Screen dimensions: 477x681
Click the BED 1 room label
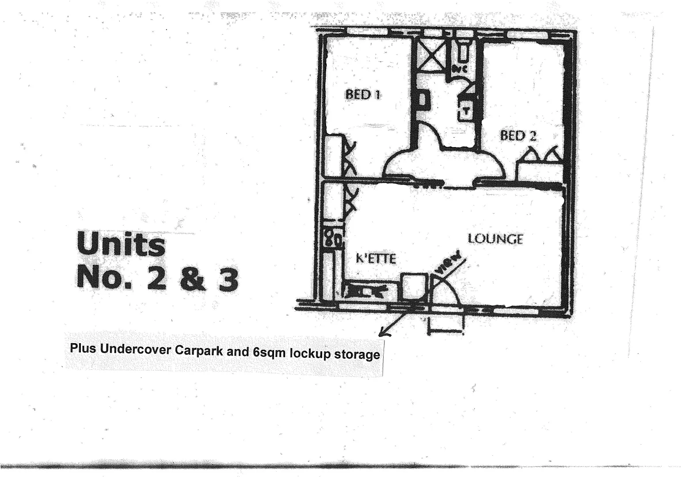coord(363,95)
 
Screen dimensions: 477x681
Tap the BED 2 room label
coord(518,136)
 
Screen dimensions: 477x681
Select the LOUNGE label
coord(495,239)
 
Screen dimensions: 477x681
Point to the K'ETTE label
coord(376,258)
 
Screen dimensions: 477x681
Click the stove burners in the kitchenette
coord(332,238)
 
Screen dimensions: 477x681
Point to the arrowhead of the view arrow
coord(382,333)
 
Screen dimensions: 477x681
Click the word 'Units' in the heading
coord(121,244)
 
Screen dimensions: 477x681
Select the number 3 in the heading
coord(228,280)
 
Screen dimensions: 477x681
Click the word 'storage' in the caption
coord(357,354)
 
